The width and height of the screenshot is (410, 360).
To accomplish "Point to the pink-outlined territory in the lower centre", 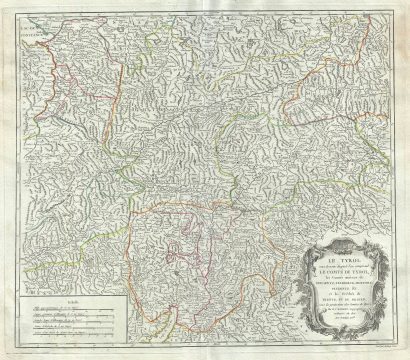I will point(195,290).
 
